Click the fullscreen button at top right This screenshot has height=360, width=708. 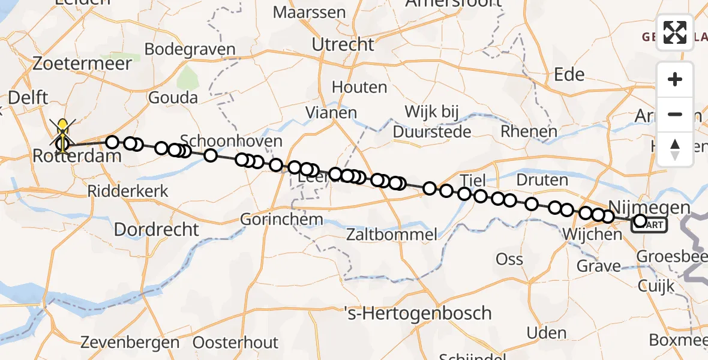(x=675, y=32)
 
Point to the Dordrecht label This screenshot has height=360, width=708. (x=156, y=229)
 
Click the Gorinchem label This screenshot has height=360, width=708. (x=282, y=220)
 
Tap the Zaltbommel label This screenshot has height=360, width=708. (x=392, y=234)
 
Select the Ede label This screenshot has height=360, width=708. (x=569, y=74)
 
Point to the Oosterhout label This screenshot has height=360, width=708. (x=236, y=343)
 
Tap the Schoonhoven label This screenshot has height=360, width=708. (x=231, y=142)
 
